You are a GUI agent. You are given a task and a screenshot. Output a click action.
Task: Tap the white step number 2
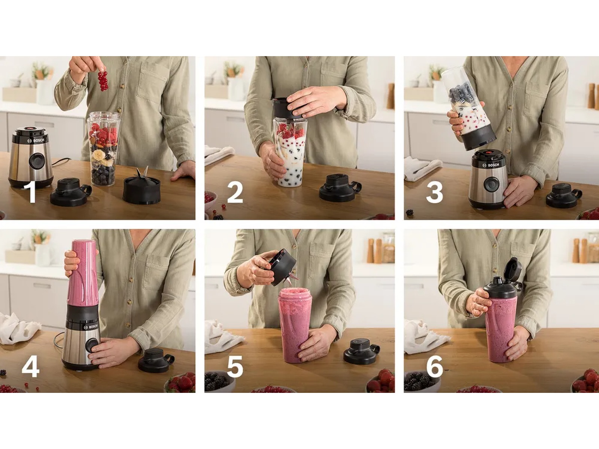coord(235,192)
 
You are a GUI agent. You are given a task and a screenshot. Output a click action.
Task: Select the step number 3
coord(434,192)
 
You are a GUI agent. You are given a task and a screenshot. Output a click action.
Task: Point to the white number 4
coord(31,367)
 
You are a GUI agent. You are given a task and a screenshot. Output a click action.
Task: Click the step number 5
coord(235,367)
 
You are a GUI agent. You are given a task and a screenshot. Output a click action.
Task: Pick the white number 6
coord(434,367)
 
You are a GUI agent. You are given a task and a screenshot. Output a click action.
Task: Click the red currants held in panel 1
coord(103,80)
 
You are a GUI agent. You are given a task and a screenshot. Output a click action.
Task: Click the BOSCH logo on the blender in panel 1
coord(37,141)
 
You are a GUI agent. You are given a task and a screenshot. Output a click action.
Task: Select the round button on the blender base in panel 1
coord(37,161)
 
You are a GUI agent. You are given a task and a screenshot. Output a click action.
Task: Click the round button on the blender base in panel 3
coord(490,185)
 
